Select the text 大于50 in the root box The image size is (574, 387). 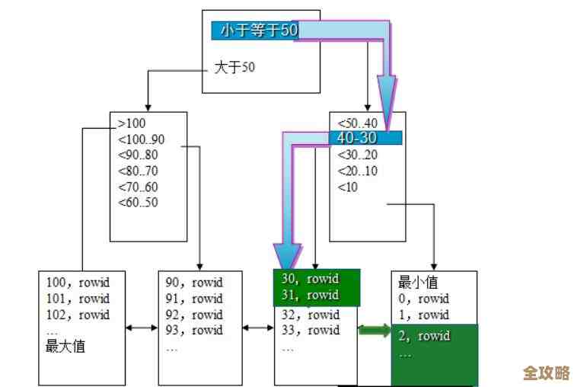tap(234, 68)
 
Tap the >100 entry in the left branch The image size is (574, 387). tap(132, 123)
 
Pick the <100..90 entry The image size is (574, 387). tap(142, 139)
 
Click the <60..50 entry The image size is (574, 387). tap(139, 203)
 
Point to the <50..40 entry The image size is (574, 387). tap(357, 123)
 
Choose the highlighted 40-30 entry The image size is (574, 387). tap(357, 138)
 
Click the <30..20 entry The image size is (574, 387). tap(357, 155)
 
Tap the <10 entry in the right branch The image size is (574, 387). tap(346, 187)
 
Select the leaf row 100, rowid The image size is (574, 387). tap(78, 282)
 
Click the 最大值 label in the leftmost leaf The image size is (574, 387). tap(65, 347)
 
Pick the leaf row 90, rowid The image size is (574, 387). tap(194, 282)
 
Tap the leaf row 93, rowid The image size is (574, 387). tap(194, 331)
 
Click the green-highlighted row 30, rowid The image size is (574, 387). tap(310, 279)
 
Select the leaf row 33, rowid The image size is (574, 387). tap(310, 331)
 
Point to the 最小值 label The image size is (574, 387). tap(418, 283)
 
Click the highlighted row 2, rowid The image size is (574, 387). tap(424, 336)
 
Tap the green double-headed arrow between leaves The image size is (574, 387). tap(374, 331)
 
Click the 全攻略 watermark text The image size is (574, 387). tap(546, 373)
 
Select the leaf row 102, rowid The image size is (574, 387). tap(78, 315)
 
